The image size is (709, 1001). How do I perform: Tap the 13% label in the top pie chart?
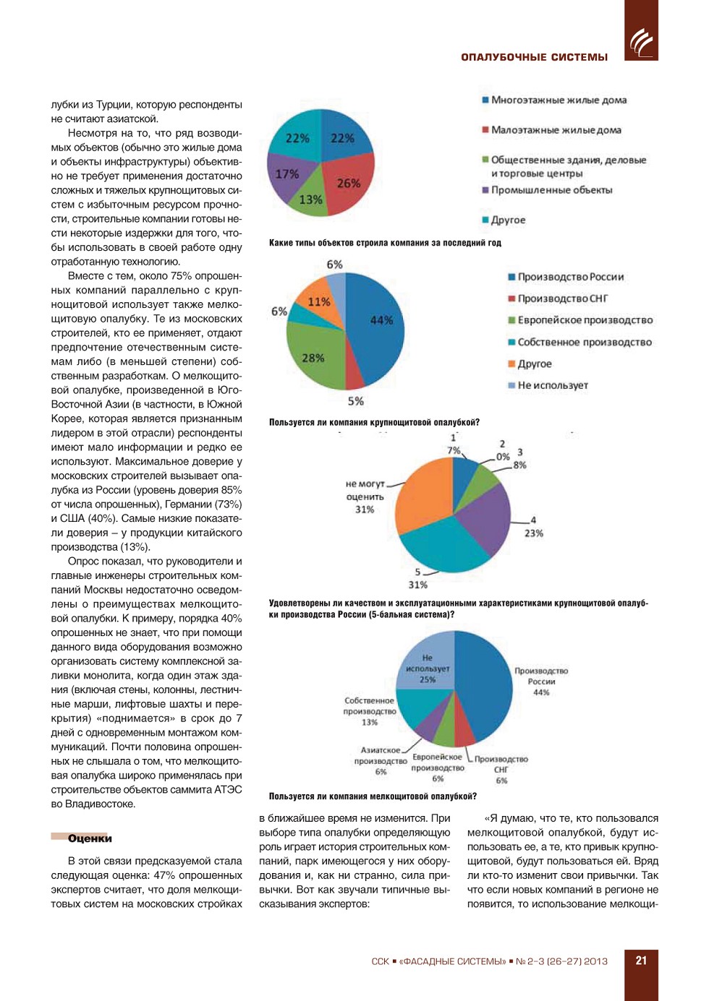(x=310, y=199)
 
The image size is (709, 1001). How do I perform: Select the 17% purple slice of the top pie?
(x=288, y=175)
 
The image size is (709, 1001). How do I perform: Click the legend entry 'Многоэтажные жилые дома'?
(x=559, y=100)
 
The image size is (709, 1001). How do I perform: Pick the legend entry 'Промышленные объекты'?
(x=551, y=190)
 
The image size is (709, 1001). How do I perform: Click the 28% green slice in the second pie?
(x=313, y=356)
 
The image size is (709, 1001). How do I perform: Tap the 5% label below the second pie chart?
(x=355, y=401)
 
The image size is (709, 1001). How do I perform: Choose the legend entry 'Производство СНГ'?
(x=562, y=298)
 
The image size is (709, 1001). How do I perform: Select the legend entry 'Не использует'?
(x=552, y=385)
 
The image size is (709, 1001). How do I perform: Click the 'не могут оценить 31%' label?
(x=365, y=497)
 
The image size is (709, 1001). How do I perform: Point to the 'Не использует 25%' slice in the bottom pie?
(x=428, y=669)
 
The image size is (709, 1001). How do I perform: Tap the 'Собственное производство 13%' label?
(x=370, y=711)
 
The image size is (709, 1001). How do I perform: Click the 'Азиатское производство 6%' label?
(x=381, y=761)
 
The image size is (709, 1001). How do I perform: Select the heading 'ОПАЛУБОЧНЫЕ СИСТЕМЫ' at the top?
(x=534, y=57)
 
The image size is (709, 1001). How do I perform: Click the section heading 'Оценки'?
(x=90, y=838)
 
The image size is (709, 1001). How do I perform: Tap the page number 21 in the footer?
(x=641, y=961)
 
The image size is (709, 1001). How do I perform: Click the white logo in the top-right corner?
(x=641, y=42)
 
